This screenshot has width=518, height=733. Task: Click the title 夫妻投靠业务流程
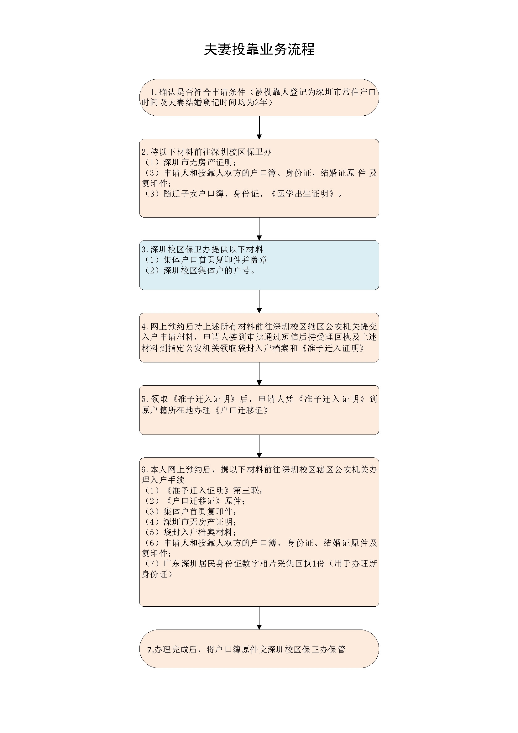(x=259, y=50)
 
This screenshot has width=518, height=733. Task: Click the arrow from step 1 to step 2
(x=259, y=127)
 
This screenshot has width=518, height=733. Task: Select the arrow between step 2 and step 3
(x=259, y=229)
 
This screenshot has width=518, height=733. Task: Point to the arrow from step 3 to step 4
(x=259, y=301)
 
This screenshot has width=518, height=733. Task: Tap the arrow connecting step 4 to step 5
(x=259, y=374)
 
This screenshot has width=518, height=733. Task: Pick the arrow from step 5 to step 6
(x=259, y=446)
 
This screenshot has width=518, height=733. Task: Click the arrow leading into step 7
(x=259, y=618)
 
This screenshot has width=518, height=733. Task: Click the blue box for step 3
(x=259, y=265)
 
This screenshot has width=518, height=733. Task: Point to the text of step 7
(x=246, y=649)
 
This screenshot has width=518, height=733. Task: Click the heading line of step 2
(x=206, y=152)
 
